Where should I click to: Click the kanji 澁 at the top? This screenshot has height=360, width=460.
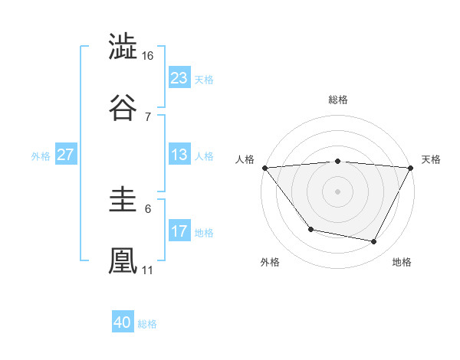(x=123, y=47)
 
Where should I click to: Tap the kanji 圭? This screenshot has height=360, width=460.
(x=123, y=200)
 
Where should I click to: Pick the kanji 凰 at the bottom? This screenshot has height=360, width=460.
(x=123, y=259)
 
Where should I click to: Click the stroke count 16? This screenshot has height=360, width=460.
(x=148, y=56)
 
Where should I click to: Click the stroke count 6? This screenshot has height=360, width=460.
(x=148, y=208)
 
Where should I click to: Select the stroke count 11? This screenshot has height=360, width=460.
(x=148, y=270)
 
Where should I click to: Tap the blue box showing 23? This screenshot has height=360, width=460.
(x=179, y=77)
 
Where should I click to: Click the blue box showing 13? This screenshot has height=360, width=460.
(x=179, y=155)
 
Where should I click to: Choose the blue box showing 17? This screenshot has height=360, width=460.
(x=179, y=231)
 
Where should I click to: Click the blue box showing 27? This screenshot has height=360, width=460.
(x=65, y=155)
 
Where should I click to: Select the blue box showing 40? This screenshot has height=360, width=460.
(x=123, y=322)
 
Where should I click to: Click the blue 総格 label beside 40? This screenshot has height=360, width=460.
(x=147, y=324)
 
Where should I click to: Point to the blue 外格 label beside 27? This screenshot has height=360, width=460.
(x=41, y=155)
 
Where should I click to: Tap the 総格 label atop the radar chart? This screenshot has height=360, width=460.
(x=338, y=100)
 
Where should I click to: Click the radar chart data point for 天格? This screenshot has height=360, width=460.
(x=412, y=168)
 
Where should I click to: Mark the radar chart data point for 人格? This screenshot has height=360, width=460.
(x=264, y=168)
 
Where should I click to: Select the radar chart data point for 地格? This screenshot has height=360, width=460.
(x=374, y=242)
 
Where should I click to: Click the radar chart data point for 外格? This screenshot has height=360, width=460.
(x=310, y=229)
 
